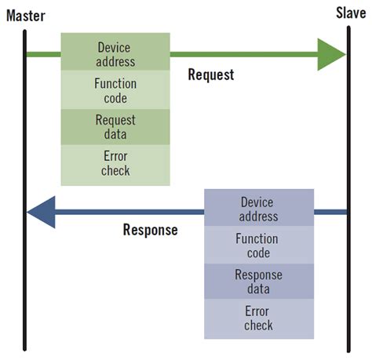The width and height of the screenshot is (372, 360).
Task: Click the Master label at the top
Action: click(x=26, y=14)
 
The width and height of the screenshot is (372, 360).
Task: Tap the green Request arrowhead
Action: click(x=332, y=54)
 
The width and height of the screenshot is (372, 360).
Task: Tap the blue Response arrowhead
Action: click(x=42, y=212)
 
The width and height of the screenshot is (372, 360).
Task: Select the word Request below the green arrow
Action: click(x=211, y=75)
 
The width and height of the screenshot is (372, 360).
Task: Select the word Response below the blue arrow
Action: click(x=151, y=231)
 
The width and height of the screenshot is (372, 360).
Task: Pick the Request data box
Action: click(x=115, y=127)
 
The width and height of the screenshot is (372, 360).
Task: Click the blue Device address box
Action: click(x=258, y=209)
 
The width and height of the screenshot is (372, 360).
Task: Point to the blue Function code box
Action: click(x=258, y=245)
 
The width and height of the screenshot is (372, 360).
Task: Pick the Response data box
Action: click(x=258, y=282)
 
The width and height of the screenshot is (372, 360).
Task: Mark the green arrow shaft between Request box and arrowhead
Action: click(x=243, y=54)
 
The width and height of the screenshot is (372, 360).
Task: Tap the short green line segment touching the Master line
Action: click(x=44, y=54)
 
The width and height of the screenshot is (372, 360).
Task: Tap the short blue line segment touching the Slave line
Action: click(x=330, y=212)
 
